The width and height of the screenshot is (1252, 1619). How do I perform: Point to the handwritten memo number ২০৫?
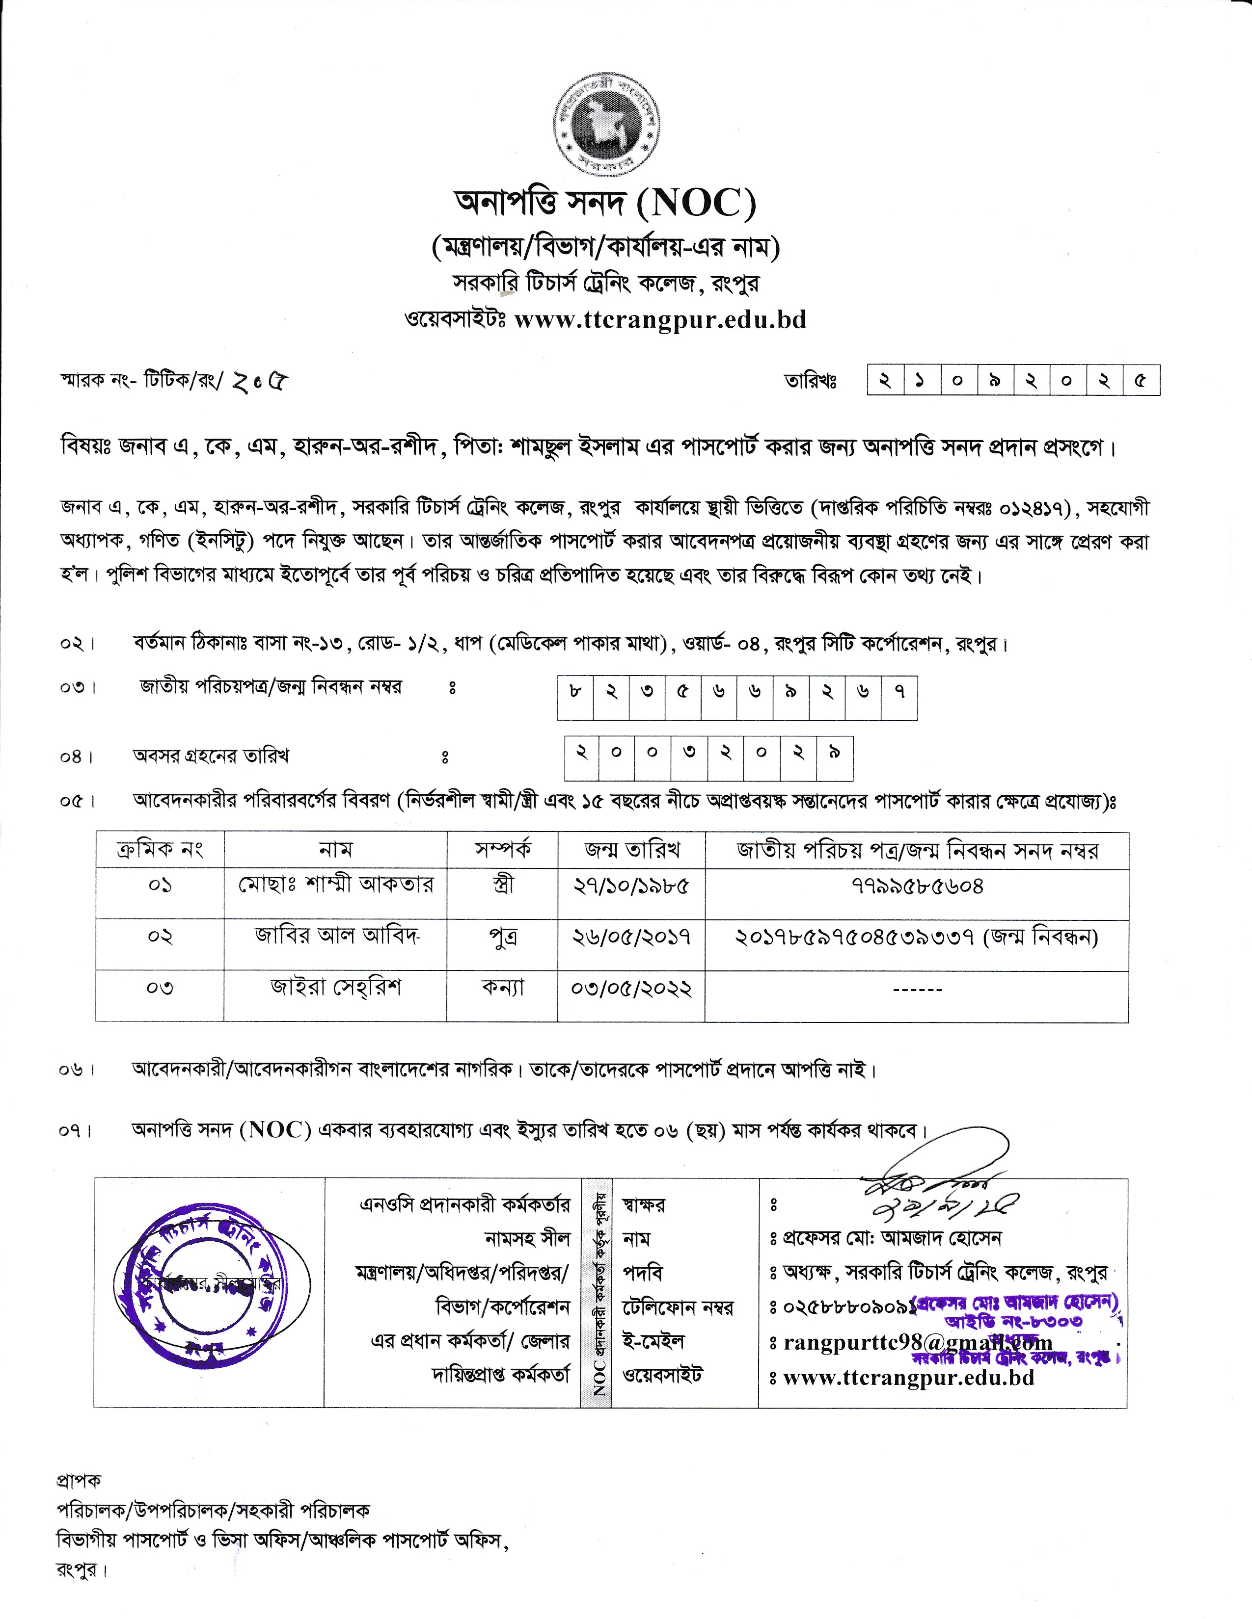click(x=260, y=382)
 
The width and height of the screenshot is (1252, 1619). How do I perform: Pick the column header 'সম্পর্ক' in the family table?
click(x=502, y=850)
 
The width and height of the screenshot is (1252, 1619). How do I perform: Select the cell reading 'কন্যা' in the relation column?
click(x=502, y=988)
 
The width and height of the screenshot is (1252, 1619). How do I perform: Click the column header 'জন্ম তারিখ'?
click(x=631, y=850)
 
